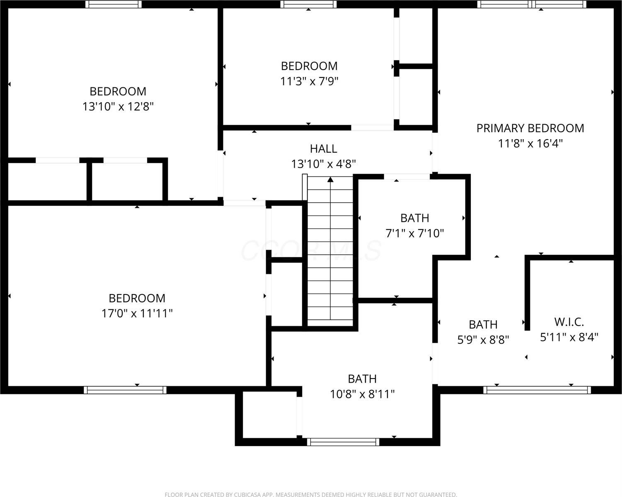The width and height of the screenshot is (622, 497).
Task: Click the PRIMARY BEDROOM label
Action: tap(530, 128)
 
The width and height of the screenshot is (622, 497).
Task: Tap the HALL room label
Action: tap(323, 149)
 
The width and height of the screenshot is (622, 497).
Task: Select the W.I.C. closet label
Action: tap(569, 322)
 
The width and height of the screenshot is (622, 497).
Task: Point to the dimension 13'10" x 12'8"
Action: tap(118, 107)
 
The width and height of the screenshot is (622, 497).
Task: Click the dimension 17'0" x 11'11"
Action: tap(137, 314)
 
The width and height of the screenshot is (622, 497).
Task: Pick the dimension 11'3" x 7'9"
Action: tap(309, 81)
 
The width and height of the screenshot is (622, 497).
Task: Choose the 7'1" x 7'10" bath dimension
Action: tap(414, 234)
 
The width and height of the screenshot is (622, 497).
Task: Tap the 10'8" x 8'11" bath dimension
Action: tap(362, 394)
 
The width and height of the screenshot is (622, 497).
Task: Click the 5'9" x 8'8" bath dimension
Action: tap(483, 340)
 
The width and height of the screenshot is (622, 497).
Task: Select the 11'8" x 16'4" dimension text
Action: tap(530, 144)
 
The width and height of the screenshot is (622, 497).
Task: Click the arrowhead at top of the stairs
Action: tap(330, 180)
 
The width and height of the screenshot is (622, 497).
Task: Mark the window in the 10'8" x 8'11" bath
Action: tap(343, 442)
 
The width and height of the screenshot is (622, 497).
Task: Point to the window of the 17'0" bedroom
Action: tap(125, 390)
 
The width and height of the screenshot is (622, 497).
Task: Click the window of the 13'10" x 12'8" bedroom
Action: tap(114, 4)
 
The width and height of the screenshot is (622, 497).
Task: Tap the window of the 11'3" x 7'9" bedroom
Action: tap(308, 4)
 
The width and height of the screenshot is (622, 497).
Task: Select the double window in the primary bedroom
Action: tap(532, 4)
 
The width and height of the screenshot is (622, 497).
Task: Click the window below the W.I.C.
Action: tap(537, 390)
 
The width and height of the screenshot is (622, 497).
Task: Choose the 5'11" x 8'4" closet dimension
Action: tap(569, 337)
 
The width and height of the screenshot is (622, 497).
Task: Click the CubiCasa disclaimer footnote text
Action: tap(311, 495)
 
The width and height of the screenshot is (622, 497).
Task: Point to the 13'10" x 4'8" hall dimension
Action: tap(323, 164)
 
